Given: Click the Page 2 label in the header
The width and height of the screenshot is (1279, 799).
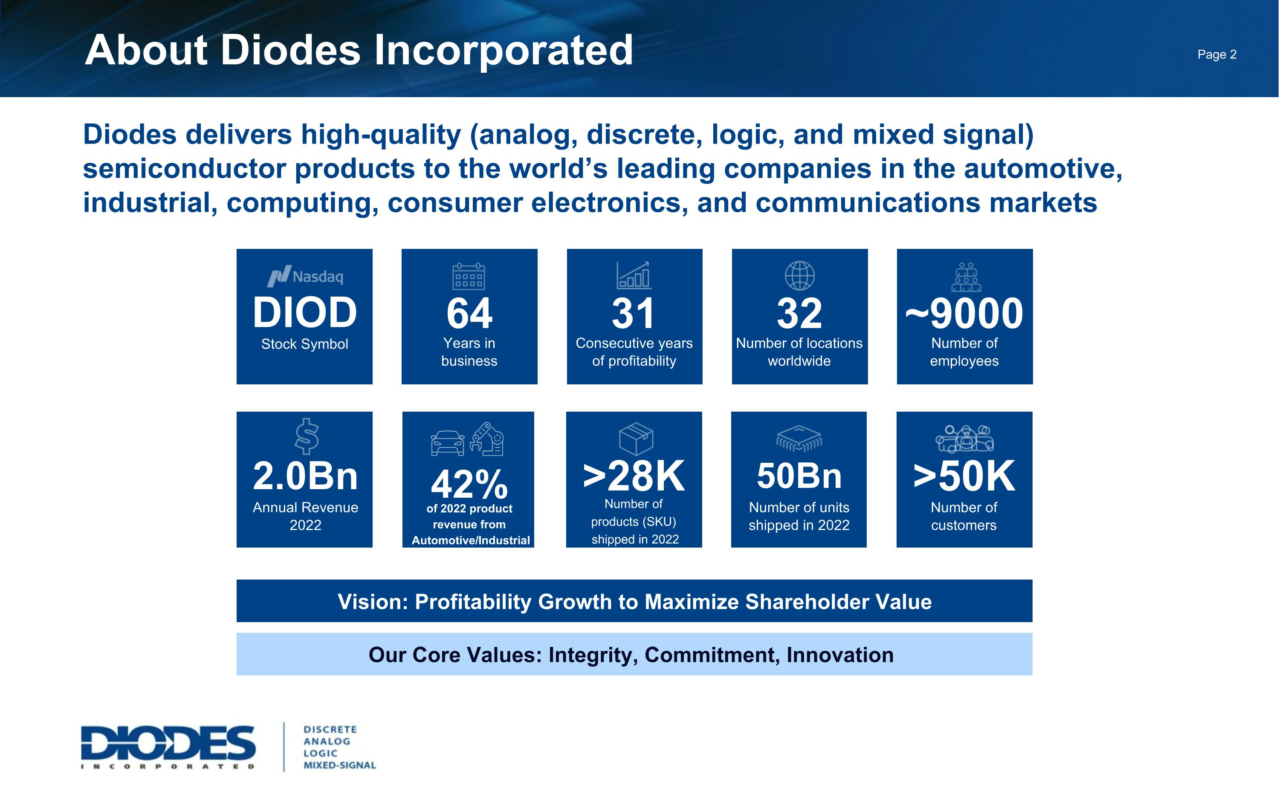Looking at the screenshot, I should (x=1217, y=55).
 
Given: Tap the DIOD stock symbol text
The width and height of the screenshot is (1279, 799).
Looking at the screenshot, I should (x=304, y=312).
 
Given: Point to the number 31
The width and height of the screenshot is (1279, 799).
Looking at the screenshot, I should (x=634, y=313).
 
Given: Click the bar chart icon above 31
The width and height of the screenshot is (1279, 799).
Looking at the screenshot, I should (x=634, y=275).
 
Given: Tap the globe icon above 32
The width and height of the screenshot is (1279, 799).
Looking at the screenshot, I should (x=799, y=275).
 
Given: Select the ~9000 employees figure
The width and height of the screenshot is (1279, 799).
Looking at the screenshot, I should (x=964, y=313).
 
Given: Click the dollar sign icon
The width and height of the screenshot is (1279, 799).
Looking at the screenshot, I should (x=307, y=436).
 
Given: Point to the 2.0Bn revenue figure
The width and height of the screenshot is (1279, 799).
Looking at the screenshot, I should (x=305, y=476).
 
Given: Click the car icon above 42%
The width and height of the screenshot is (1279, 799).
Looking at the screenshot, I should (x=447, y=443).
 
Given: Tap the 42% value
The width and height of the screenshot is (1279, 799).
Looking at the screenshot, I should (x=469, y=484).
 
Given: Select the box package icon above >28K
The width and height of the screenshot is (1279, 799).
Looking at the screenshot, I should (x=636, y=438).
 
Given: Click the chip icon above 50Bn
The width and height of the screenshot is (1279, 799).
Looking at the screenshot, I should (x=799, y=438).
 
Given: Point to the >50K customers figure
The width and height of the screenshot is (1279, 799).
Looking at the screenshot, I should (x=964, y=476).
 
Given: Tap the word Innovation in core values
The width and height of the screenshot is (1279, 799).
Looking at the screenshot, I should (x=840, y=655).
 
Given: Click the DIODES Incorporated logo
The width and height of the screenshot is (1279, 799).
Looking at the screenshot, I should (x=168, y=747).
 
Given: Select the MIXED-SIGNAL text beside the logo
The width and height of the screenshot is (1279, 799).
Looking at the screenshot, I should (x=340, y=765).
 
